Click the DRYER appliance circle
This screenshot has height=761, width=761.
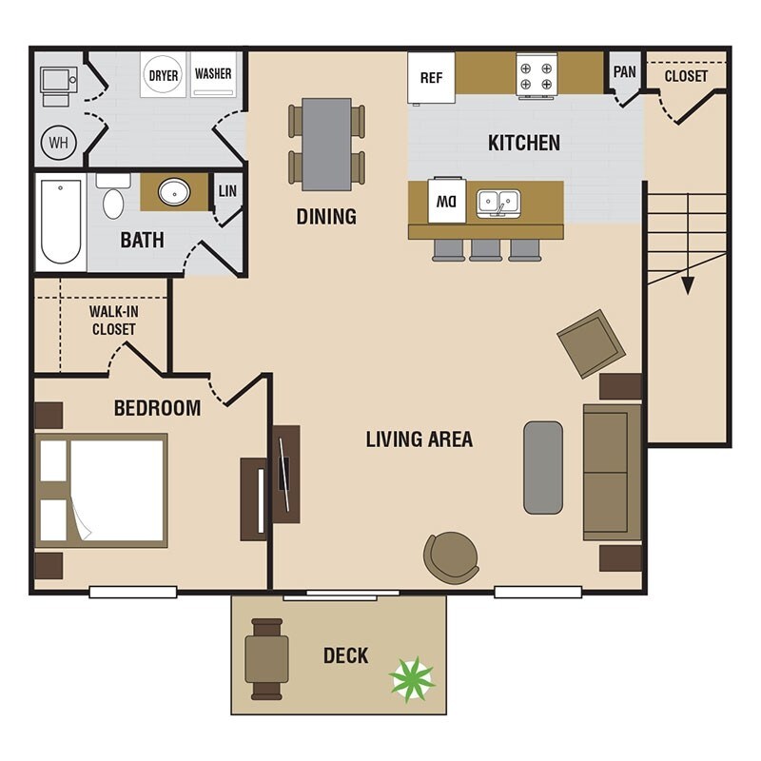click(163, 75)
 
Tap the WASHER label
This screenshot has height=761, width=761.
click(213, 74)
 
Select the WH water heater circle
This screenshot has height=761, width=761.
click(59, 143)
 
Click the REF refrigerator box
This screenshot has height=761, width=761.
click(431, 78)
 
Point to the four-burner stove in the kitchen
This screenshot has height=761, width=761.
click(537, 77)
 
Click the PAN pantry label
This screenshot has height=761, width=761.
click(624, 72)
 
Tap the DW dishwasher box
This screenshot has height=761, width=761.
click(447, 201)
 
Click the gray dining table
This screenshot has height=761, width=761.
click(326, 145)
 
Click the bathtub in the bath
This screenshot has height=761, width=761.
click(61, 222)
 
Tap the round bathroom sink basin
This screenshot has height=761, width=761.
click(174, 192)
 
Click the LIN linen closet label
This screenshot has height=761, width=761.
click(227, 191)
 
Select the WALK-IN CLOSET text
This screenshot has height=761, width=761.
click(113, 321)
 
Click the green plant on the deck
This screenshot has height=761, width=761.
click(412, 679)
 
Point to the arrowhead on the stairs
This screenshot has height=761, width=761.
click(688, 285)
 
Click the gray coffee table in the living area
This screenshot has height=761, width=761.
click(543, 467)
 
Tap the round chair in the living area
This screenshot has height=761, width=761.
click(451, 557)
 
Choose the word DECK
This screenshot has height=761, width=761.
click(346, 655)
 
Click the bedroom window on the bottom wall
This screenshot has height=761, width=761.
click(133, 592)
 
